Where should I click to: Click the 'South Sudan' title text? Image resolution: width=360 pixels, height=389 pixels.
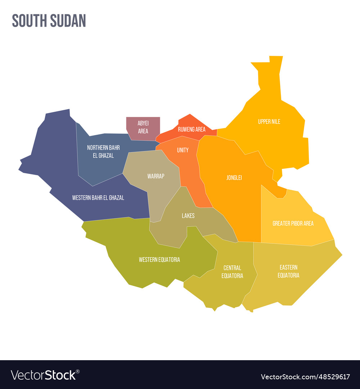[49, 21]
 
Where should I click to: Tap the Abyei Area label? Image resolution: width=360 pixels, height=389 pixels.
[143, 127]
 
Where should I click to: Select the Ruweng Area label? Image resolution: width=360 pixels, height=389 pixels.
[192, 129]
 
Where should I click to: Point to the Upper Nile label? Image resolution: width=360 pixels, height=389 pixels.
[269, 122]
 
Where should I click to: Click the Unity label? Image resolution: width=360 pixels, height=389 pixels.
[183, 150]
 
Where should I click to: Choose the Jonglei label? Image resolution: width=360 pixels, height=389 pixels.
[234, 178]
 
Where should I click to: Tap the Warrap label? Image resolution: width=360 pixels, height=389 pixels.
[156, 176]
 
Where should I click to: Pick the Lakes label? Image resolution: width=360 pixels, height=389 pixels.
[188, 216]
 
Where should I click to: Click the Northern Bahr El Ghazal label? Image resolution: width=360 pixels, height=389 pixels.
[103, 152]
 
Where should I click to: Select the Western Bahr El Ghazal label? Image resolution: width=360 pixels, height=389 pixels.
[98, 198]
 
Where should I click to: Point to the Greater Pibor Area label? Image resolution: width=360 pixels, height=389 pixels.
[293, 223]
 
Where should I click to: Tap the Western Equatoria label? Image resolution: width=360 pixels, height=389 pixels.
[159, 260]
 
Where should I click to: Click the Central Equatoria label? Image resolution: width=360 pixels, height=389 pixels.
[232, 272]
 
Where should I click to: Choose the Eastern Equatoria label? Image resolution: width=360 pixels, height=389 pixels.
[288, 271]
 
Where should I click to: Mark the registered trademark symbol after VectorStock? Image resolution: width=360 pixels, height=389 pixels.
[78, 371]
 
